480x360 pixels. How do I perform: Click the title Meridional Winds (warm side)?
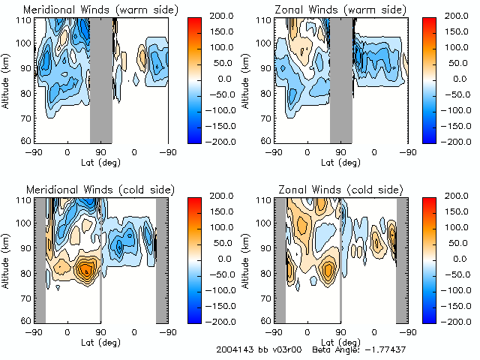click(x=89, y=10)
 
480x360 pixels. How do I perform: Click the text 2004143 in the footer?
click(x=232, y=349)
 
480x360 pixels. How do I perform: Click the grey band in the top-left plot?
click(x=101, y=79)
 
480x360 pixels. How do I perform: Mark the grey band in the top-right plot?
click(x=341, y=79)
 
